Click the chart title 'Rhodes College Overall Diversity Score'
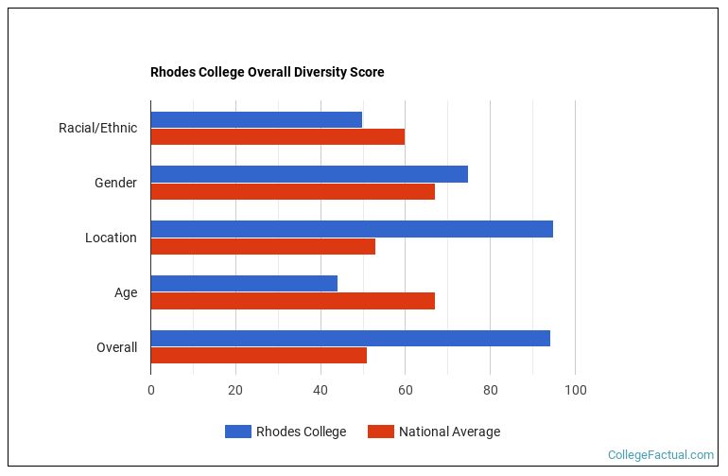tap(267, 72)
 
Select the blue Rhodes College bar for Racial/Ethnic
tap(256, 119)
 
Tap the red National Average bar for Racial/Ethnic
tap(277, 136)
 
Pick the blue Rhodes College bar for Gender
tap(309, 174)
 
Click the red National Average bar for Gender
tap(292, 191)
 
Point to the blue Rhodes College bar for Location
tap(352, 229)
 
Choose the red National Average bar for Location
tap(263, 246)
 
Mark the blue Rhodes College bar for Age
tap(244, 284)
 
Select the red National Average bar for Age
tap(292, 301)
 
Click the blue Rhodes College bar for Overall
tap(350, 339)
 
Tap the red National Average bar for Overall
tap(258, 356)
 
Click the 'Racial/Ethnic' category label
tap(97, 128)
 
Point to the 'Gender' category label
tap(115, 183)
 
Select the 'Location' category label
tap(111, 238)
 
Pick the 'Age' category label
tap(126, 292)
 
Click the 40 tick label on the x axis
tap(321, 390)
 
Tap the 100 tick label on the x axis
tap(575, 390)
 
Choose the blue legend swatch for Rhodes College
tap(237, 432)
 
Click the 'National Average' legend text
tap(449, 432)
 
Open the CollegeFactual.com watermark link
tap(660, 455)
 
